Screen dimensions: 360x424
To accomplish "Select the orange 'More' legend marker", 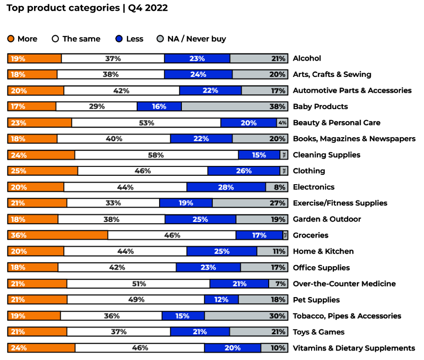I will coord(11,39).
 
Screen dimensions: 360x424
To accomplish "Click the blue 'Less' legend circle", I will coord(119,39).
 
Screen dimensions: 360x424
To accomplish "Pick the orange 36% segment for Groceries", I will coord(58,235).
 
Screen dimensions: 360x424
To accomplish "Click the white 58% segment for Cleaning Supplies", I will coord(156,155).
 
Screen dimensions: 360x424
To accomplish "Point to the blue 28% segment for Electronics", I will coord(226,187).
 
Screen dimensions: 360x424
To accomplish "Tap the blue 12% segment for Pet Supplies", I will coord(221,300).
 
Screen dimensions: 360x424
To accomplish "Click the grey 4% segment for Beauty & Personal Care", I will coord(282,123).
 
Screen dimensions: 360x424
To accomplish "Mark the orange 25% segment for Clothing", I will coord(43,171).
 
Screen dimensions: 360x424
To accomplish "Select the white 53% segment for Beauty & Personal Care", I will coord(146,123).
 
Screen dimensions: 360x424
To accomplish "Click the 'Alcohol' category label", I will coord(307,58).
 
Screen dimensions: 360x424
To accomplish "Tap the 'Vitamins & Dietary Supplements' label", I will coord(354,348).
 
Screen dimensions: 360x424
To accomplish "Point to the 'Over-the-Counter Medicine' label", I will coord(344,284).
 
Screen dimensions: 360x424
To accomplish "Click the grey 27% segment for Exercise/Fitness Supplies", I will coord(250,203).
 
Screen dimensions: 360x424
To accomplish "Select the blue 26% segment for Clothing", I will coord(243,171).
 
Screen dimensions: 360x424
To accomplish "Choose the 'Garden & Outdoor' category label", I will coord(327,219).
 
